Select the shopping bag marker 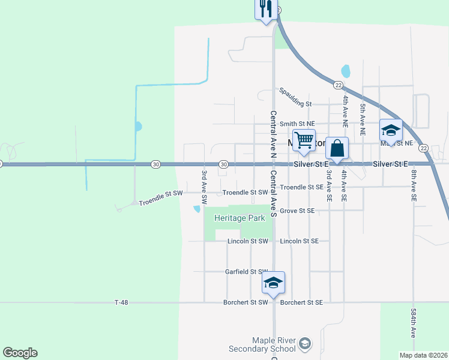click(337, 148)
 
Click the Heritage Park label click(240, 218)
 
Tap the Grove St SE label click(297, 211)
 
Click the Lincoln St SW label click(247, 241)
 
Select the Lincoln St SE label click(303, 241)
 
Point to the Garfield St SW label click(246, 272)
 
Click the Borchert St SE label click(301, 303)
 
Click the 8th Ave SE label click(414, 185)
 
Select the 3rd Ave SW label click(204, 186)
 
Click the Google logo click(20, 353)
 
